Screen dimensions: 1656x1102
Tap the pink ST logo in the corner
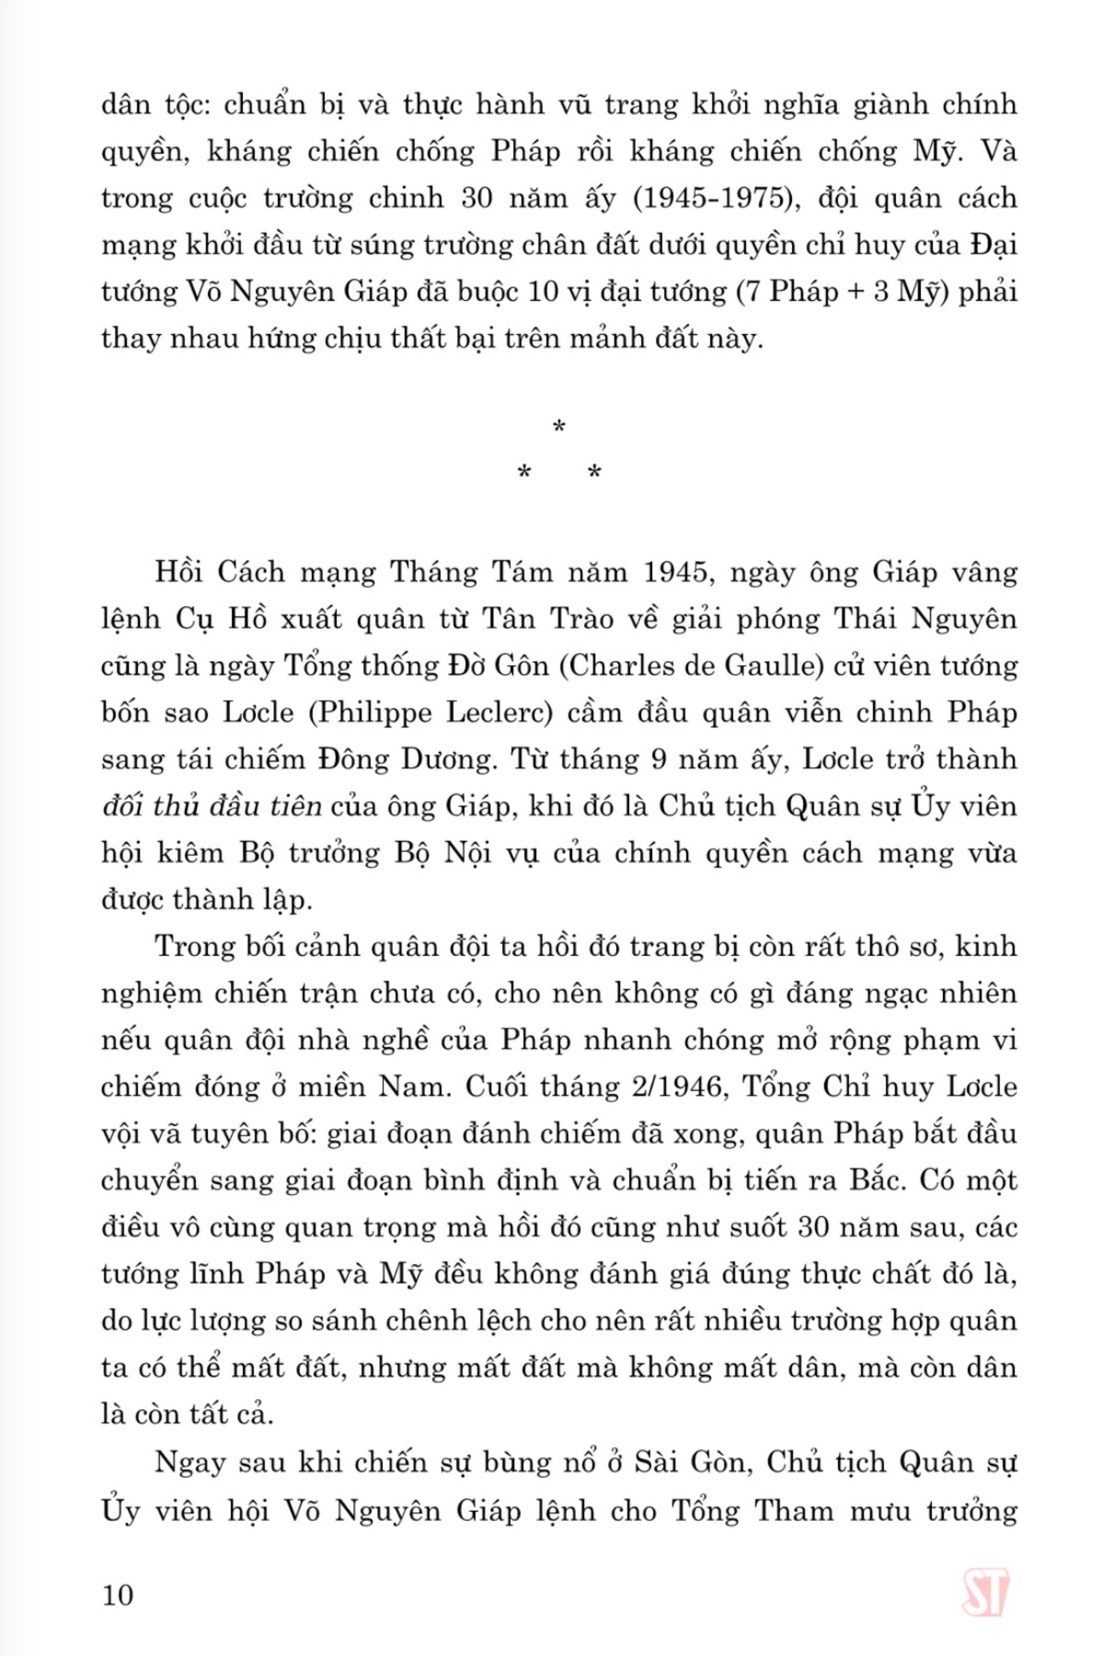[985, 1573]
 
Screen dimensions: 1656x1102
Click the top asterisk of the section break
[559, 426]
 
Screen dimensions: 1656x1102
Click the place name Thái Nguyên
[924, 619]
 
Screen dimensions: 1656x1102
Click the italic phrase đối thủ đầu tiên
[212, 806]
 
